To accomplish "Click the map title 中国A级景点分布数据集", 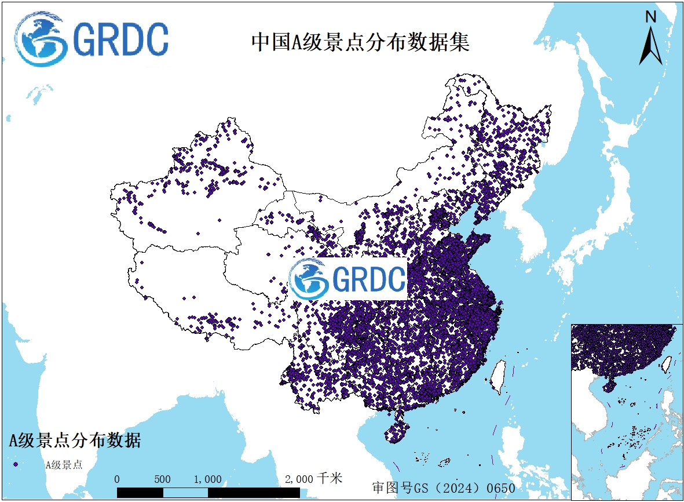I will [x=360, y=43].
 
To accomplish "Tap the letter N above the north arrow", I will [x=651, y=17].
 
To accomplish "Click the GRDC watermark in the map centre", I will [x=348, y=279].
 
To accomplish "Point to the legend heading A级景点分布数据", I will [x=75, y=440].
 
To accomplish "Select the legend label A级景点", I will [x=64, y=464].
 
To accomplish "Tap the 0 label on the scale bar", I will [x=117, y=479].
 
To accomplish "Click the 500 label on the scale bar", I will [x=162, y=479].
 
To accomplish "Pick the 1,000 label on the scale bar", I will [x=207, y=479].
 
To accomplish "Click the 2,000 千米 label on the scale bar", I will [x=313, y=479].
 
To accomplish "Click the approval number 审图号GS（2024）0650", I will [x=443, y=488].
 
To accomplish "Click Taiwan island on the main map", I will [x=498, y=376].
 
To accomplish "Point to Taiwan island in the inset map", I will [x=667, y=364].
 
